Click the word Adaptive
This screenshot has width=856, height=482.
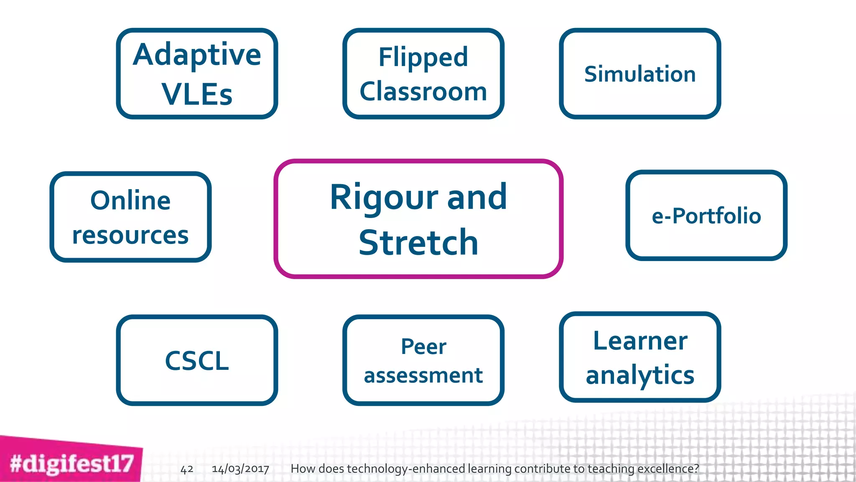[x=197, y=55]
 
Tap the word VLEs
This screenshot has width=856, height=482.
[x=197, y=94]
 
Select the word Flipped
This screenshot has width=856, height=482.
[x=423, y=57]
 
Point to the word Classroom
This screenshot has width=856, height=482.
[x=423, y=91]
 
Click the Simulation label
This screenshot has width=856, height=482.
[x=640, y=74]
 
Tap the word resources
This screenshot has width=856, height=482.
[x=130, y=235]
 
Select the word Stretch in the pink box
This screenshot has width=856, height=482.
[x=418, y=243]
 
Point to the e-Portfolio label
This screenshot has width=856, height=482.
[x=706, y=216]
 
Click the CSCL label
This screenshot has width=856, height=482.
[x=197, y=361]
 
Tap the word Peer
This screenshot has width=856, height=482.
[x=423, y=346]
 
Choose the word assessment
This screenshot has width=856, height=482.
[x=423, y=375]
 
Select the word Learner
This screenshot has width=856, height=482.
[x=640, y=341]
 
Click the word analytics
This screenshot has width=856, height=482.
[x=640, y=375]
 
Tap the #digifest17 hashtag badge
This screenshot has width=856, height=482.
[x=71, y=464]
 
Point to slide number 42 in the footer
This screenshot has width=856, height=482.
[x=187, y=469]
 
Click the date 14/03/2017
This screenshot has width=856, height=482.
[x=240, y=469]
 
